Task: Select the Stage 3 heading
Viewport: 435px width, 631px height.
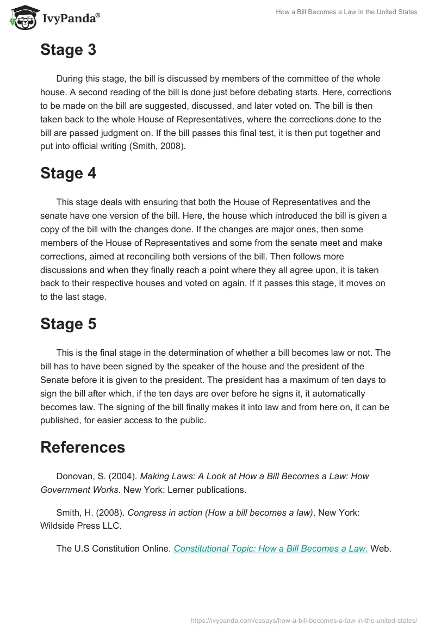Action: pyautogui.click(x=68, y=50)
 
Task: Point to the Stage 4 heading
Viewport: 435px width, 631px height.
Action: pyautogui.click(x=68, y=174)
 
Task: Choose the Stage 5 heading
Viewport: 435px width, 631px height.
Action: pyautogui.click(x=68, y=324)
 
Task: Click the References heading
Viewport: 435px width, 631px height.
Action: pyautogui.click(x=83, y=448)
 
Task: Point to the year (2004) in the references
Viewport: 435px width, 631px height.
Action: pyautogui.click(x=125, y=476)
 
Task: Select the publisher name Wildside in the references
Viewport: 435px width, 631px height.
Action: pyautogui.click(x=58, y=525)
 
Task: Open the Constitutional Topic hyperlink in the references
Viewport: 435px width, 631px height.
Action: pyautogui.click(x=271, y=549)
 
